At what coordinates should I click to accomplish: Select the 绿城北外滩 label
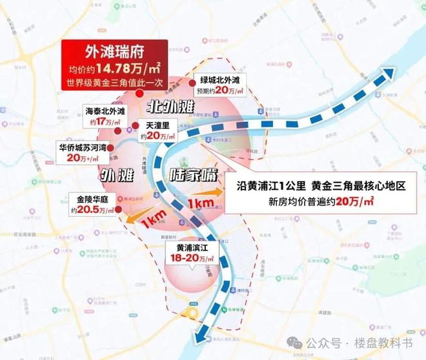[x=220, y=79]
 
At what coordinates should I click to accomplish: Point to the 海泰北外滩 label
[x=107, y=110]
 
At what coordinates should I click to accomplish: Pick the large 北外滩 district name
[x=170, y=105]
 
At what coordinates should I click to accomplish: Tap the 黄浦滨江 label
[x=185, y=246]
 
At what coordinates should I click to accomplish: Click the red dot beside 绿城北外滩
[x=192, y=83]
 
